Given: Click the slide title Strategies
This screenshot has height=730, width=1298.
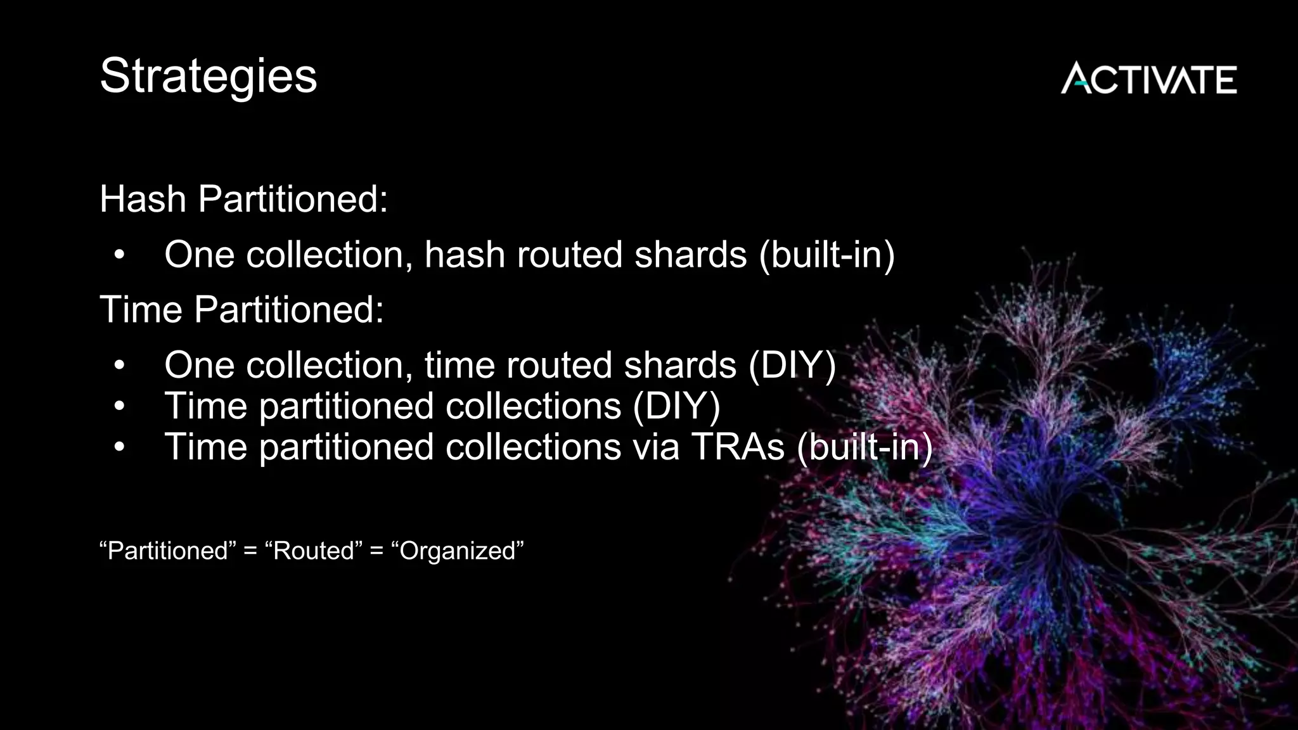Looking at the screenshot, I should (208, 76).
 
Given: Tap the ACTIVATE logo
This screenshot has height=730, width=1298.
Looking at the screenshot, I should (1148, 79).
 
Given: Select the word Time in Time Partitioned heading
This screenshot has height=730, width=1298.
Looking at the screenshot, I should (141, 310).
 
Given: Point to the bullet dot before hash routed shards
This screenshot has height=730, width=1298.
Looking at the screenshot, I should (120, 255).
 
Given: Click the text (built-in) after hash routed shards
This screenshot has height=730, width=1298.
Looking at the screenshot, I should (826, 255).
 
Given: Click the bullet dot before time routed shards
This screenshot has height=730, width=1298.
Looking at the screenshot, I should (120, 366).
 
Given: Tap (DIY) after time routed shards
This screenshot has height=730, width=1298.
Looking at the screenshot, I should (792, 366).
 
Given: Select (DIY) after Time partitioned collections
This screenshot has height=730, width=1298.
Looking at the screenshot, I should (676, 406).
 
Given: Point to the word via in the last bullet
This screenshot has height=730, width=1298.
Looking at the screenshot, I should (655, 447).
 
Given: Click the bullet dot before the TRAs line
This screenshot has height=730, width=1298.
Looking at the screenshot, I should (120, 447).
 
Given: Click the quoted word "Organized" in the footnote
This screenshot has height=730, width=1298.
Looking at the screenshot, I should (458, 551).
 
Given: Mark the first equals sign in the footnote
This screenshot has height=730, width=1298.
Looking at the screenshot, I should (250, 551).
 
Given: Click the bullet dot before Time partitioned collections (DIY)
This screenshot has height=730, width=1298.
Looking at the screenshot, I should (120, 407).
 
